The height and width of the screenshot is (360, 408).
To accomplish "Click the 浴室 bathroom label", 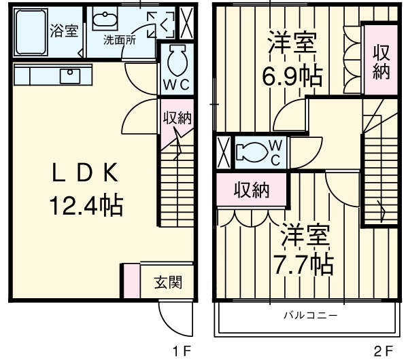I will tap(65, 31).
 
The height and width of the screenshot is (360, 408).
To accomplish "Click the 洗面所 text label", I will tap(120, 39).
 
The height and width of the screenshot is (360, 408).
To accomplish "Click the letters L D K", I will tap(86, 173).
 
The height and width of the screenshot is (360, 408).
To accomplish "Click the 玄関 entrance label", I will tap(167, 282).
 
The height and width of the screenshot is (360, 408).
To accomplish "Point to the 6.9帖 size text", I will tap(292, 75).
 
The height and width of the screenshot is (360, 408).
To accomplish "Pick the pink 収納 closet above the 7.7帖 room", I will tap(252, 190).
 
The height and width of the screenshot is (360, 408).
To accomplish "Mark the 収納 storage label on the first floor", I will tap(176, 117).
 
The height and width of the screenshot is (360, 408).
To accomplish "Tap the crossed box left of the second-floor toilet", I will tap(223, 151).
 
